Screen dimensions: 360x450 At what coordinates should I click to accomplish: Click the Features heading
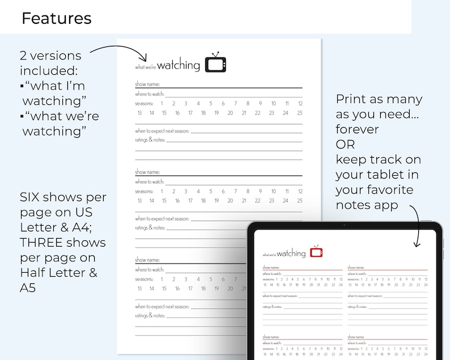click(56, 18)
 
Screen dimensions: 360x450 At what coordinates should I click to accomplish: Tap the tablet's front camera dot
click(344, 225)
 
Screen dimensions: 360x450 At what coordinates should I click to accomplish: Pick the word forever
click(357, 129)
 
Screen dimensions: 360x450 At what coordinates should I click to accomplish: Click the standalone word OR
click(345, 144)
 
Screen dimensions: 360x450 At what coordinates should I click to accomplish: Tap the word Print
click(351, 99)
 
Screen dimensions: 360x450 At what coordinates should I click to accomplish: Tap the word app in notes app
click(386, 204)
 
